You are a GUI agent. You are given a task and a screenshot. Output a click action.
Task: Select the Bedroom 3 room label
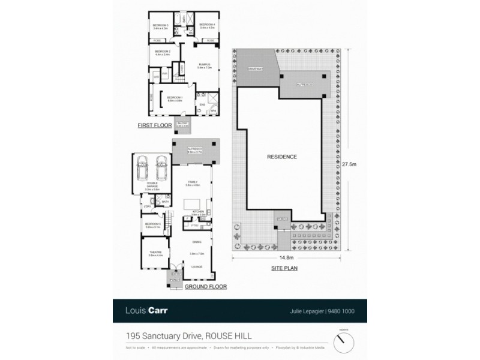point(161,26)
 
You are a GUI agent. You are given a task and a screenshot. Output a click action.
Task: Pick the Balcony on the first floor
point(182,125)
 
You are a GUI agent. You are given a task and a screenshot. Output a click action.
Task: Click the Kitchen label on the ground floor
point(199,212)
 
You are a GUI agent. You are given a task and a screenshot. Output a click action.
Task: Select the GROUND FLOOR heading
point(206,287)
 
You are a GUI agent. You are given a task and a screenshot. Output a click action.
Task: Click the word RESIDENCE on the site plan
point(281,157)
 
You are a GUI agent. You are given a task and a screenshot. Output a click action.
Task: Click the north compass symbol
point(343,342)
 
